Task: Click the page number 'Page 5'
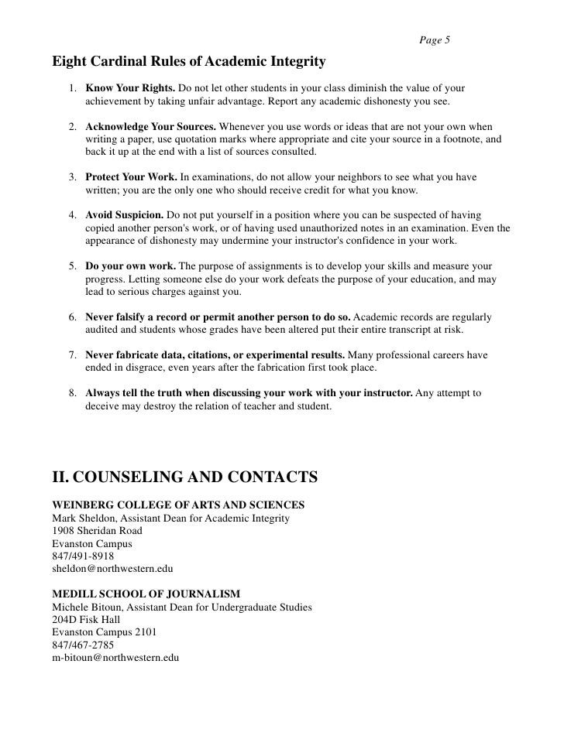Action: coord(435,40)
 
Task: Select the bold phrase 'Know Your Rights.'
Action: coord(130,87)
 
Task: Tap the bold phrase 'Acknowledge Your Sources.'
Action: coord(151,125)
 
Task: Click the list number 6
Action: coord(71,317)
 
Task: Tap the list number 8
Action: coord(71,393)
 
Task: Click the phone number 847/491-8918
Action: coord(82,556)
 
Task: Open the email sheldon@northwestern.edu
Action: coord(112,568)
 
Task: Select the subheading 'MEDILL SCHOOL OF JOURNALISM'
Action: coord(140,594)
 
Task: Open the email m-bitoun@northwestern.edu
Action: coord(115,657)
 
